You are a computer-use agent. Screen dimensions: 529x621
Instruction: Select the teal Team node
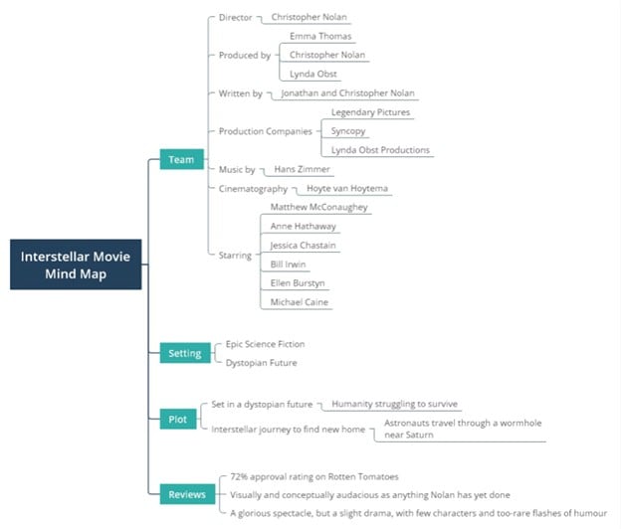pos(181,159)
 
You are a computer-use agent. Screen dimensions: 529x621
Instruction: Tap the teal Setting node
pos(184,352)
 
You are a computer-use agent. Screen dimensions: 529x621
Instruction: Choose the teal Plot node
pos(178,420)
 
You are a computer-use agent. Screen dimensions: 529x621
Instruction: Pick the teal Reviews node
pos(186,493)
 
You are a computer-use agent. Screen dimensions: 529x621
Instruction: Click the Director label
pos(236,18)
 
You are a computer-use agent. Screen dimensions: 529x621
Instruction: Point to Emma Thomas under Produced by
pos(314,36)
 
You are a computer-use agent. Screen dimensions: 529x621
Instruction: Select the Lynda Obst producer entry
pos(312,74)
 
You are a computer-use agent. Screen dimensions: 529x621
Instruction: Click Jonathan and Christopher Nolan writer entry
pos(347,93)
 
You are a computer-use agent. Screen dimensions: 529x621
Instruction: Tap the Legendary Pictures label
pos(370,112)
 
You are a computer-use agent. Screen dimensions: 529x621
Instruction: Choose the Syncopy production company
pos(349,131)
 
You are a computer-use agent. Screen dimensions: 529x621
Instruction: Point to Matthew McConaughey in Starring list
pos(318,208)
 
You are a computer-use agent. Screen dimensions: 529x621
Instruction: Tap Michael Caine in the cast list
pos(300,301)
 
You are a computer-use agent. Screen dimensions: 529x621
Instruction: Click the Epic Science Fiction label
pos(266,344)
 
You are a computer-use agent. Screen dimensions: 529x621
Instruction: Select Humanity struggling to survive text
pos(395,405)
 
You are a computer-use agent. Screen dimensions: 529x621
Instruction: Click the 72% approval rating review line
pos(313,477)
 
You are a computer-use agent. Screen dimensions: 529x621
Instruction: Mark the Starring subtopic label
pos(235,256)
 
